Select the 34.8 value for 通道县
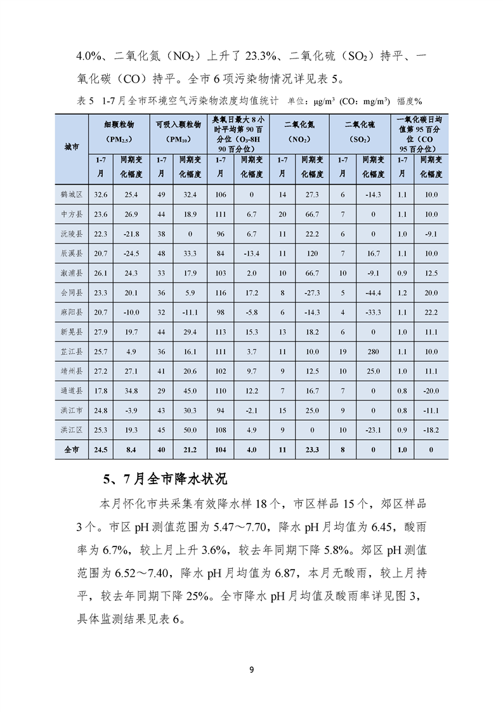pos(131,390)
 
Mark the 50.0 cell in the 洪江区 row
pos(190,430)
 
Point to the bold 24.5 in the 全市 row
pos(100,450)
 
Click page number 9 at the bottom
pos(252,670)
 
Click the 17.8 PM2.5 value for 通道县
pos(100,390)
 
